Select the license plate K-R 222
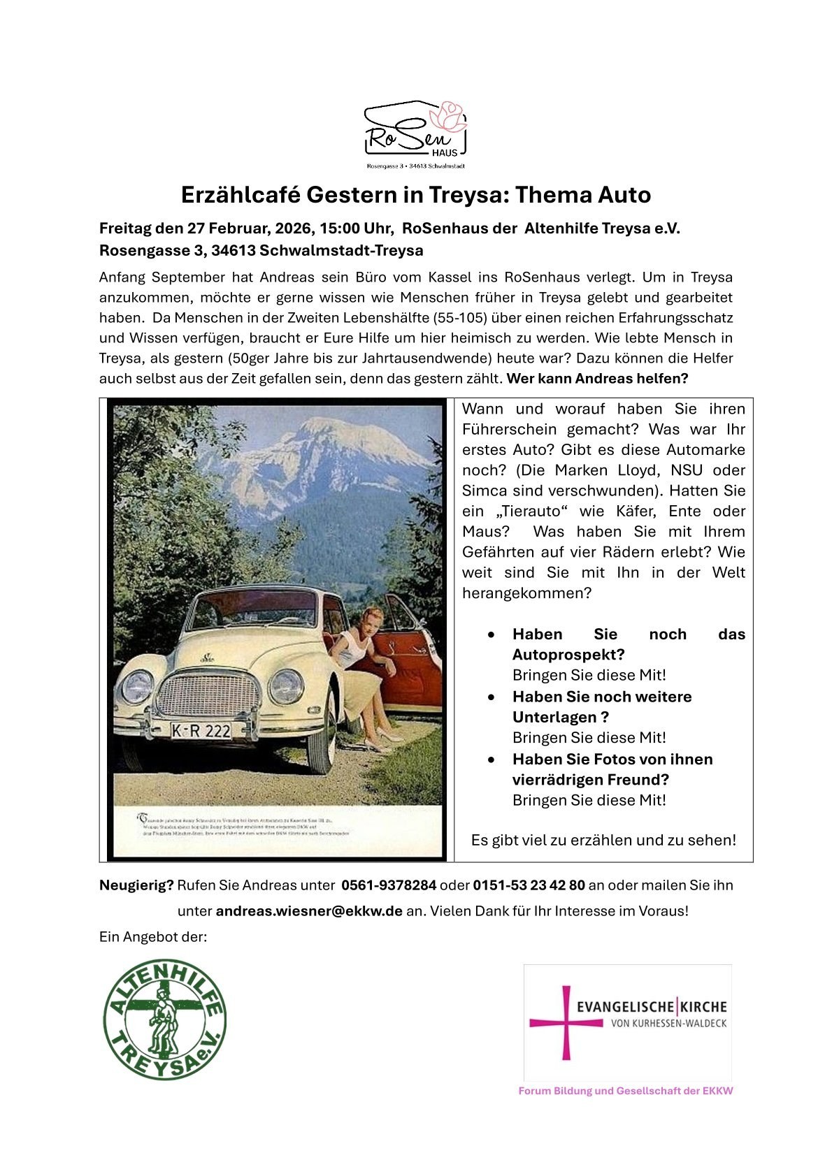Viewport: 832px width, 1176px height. tap(201, 731)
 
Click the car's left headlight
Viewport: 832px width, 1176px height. tap(138, 685)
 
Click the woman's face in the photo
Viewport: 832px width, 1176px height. tap(366, 618)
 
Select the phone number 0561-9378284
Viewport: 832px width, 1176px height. tap(389, 885)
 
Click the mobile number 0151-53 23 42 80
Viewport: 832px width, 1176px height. tap(529, 885)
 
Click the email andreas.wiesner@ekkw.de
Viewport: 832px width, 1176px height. tap(309, 911)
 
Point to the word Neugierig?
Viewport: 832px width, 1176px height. tap(136, 885)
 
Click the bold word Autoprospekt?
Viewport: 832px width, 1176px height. tap(568, 655)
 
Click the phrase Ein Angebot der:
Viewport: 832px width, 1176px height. tap(153, 936)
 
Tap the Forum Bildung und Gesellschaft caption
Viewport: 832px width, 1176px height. tap(626, 1091)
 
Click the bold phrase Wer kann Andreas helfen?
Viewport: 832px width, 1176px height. tap(598, 379)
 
